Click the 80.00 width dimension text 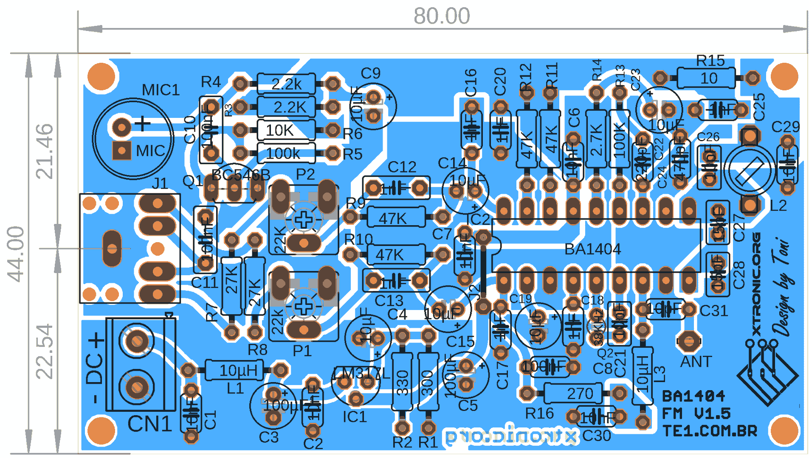tap(442, 16)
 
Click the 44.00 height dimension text tap(16, 254)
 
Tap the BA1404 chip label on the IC tap(592, 249)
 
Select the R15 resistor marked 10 tap(706, 78)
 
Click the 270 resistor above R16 tap(573, 394)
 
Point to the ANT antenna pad tap(688, 341)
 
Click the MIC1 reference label tap(161, 90)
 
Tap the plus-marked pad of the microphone tap(122, 126)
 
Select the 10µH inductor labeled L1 tap(234, 370)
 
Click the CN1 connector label tap(149, 424)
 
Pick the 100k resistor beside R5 tap(286, 153)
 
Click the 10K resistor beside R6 tap(286, 130)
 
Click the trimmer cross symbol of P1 tap(304, 306)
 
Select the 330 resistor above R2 tap(402, 382)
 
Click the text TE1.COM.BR tap(710, 431)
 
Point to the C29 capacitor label tap(785, 126)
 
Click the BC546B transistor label tap(240, 175)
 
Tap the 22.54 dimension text tap(44, 351)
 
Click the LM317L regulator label tap(361, 374)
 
